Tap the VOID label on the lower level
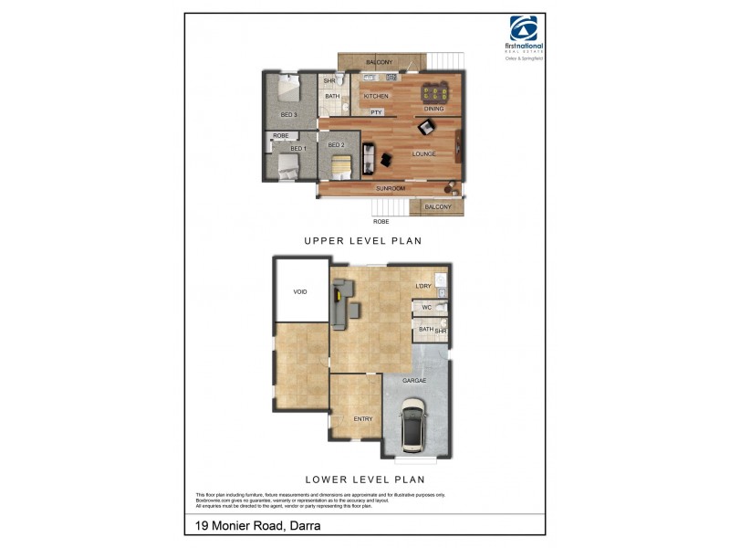pos(300,291)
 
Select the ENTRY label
pos(363,418)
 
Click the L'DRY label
pos(422,287)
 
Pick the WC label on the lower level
pos(426,308)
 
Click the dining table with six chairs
pos(435,93)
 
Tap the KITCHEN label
pos(376,96)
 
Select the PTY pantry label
pos(376,112)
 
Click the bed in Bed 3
pos(286,91)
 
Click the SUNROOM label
pos(391,188)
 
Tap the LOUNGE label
pos(423,154)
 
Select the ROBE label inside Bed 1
pos(281,136)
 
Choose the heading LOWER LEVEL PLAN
pos(365,479)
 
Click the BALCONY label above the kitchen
pos(380,62)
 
